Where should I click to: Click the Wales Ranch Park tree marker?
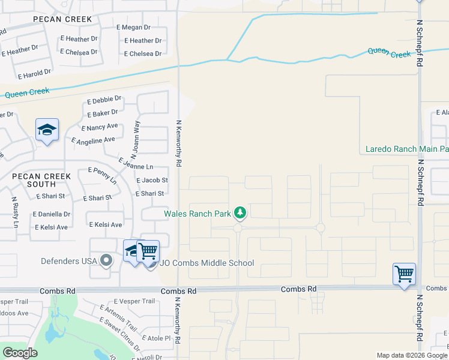240,213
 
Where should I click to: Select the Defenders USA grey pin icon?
107,260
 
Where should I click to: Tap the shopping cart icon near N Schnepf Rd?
404,274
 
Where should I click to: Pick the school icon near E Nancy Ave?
47,130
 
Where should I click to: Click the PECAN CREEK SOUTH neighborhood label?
41,181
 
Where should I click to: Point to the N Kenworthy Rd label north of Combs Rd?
178,143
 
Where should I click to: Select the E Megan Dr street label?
133,28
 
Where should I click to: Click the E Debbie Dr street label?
104,100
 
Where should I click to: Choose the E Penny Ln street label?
102,175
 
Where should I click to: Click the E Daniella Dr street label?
53,214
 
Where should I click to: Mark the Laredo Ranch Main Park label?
407,149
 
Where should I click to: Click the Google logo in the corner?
20,353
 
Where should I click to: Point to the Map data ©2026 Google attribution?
411,355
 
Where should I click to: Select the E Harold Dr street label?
35,74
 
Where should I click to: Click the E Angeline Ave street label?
93,140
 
